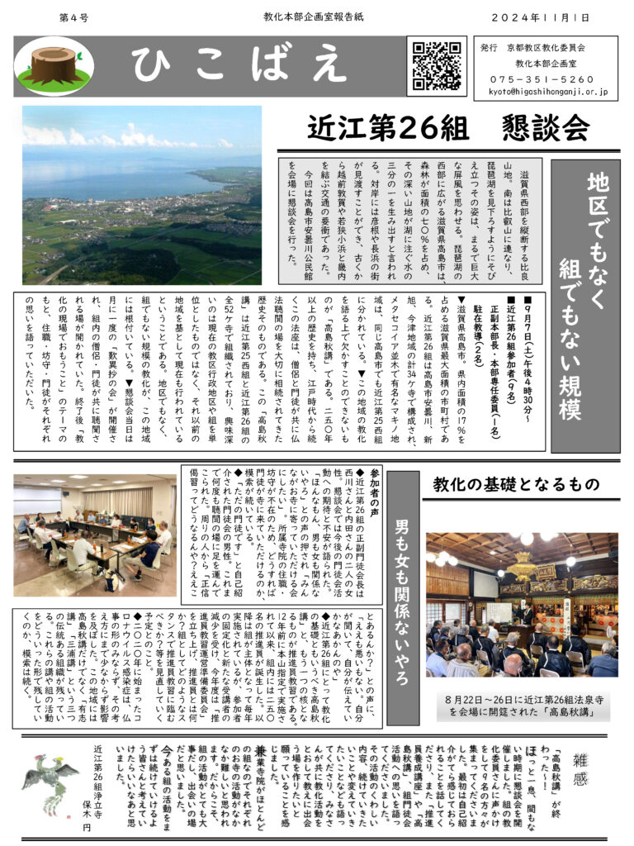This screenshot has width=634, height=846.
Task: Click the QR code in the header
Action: click(438, 65)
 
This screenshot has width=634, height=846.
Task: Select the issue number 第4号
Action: click(74, 17)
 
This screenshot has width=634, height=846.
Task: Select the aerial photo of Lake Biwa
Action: click(142, 195)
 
